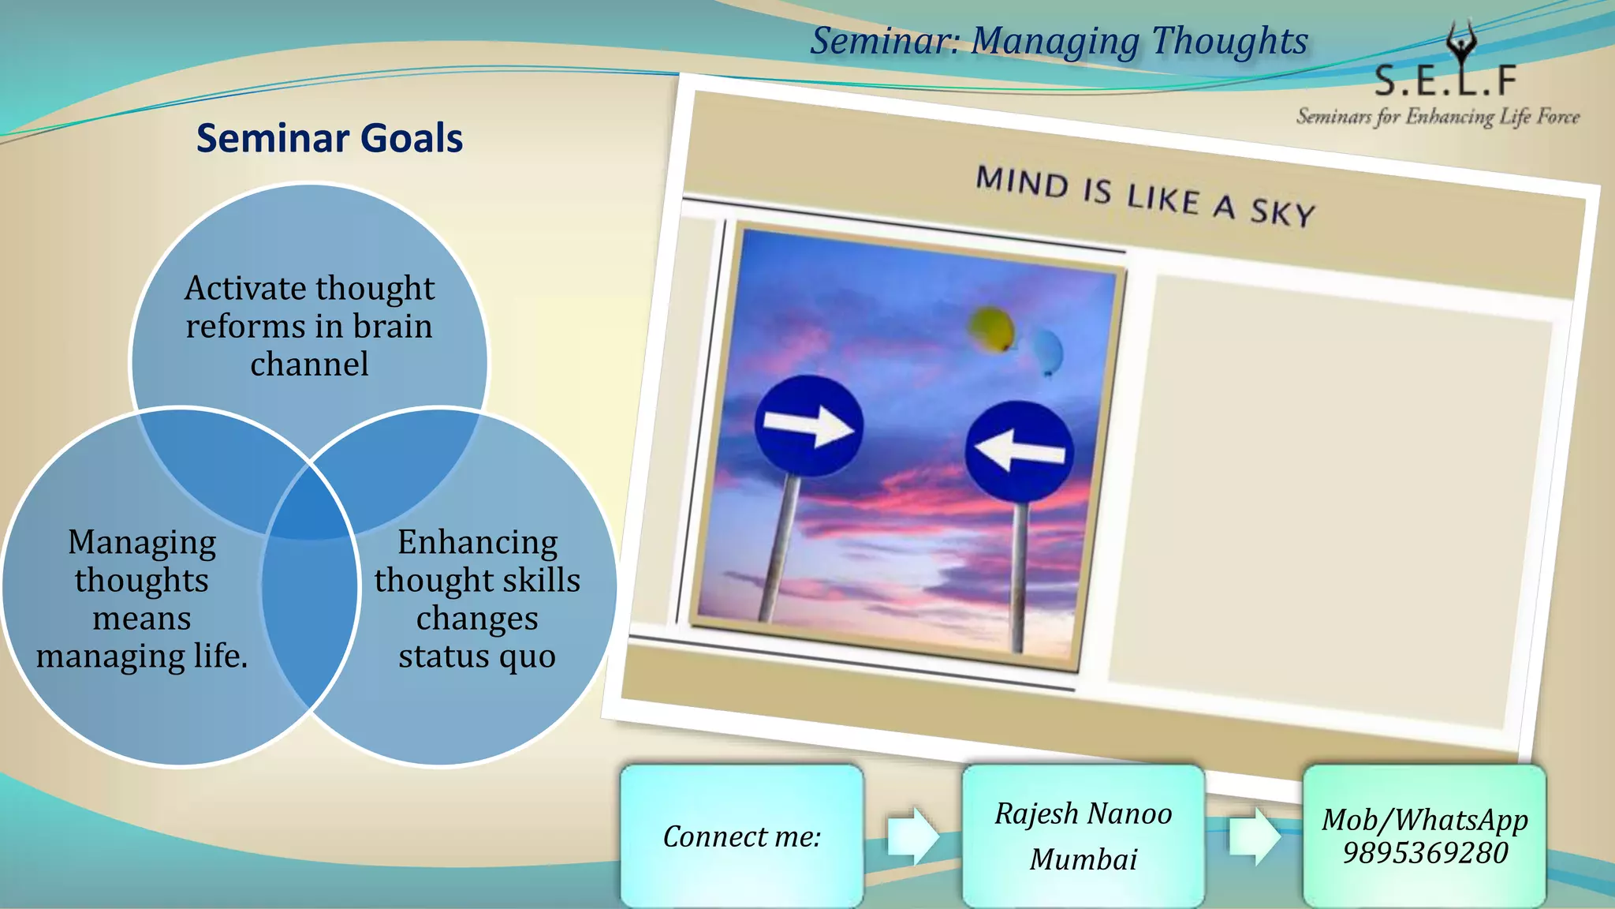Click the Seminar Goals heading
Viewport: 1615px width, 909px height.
(329, 138)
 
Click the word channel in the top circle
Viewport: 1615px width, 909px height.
(309, 365)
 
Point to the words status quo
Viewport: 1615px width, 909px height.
(476, 656)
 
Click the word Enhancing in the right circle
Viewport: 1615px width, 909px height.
(477, 543)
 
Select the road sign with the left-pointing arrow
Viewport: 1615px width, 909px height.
(1019, 451)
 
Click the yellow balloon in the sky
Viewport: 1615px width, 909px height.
(990, 328)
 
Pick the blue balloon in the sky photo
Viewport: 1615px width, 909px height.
(1047, 352)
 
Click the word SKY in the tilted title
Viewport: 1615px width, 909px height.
(1282, 213)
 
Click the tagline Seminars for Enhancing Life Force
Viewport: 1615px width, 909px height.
(1437, 118)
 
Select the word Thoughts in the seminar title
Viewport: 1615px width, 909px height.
(1229, 41)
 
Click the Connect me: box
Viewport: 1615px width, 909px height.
(741, 836)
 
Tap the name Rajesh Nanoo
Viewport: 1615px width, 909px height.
(1083, 814)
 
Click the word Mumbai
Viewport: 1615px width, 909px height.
(1083, 859)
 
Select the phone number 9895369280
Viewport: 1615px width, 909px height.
(1425, 853)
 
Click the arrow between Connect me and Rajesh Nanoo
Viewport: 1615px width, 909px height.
(912, 836)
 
